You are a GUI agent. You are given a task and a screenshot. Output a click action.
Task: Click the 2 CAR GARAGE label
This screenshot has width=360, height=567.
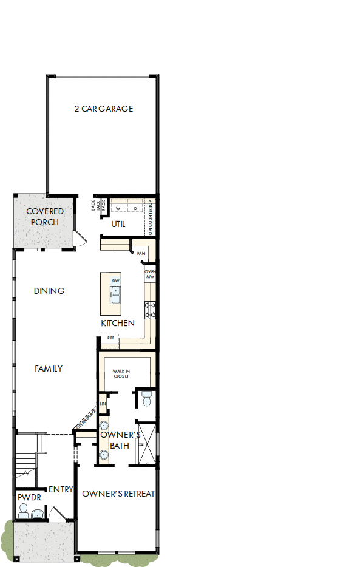[x=103, y=109]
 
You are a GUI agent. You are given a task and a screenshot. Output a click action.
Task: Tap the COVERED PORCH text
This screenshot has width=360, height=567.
[x=45, y=217]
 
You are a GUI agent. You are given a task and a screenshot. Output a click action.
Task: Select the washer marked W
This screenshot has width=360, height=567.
[x=118, y=208]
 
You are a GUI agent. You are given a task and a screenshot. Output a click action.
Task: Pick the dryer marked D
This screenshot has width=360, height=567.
[x=135, y=208]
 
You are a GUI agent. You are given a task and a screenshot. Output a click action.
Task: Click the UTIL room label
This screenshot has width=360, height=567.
[x=118, y=224]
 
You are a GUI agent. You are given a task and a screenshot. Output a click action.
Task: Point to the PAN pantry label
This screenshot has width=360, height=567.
[x=141, y=253]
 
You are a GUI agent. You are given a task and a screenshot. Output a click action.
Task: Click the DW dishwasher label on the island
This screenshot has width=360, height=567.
[x=115, y=280]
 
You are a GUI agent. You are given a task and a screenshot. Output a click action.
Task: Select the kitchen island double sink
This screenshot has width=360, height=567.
[x=115, y=295]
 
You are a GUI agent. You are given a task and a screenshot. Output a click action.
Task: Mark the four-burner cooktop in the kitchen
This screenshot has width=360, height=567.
[x=150, y=310]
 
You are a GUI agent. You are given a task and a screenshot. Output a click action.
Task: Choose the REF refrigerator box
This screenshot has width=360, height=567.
[x=110, y=338]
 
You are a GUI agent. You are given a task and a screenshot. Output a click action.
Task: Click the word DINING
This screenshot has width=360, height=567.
[x=49, y=291]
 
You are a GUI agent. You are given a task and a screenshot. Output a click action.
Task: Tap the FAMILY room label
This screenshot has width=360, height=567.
[x=49, y=368]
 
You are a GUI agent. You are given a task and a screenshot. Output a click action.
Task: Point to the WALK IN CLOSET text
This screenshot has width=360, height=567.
[x=121, y=373]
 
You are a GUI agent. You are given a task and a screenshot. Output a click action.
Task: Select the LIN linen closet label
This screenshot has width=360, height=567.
[x=103, y=403]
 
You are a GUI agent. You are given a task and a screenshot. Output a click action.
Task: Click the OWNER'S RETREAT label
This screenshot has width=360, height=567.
[x=118, y=494]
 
